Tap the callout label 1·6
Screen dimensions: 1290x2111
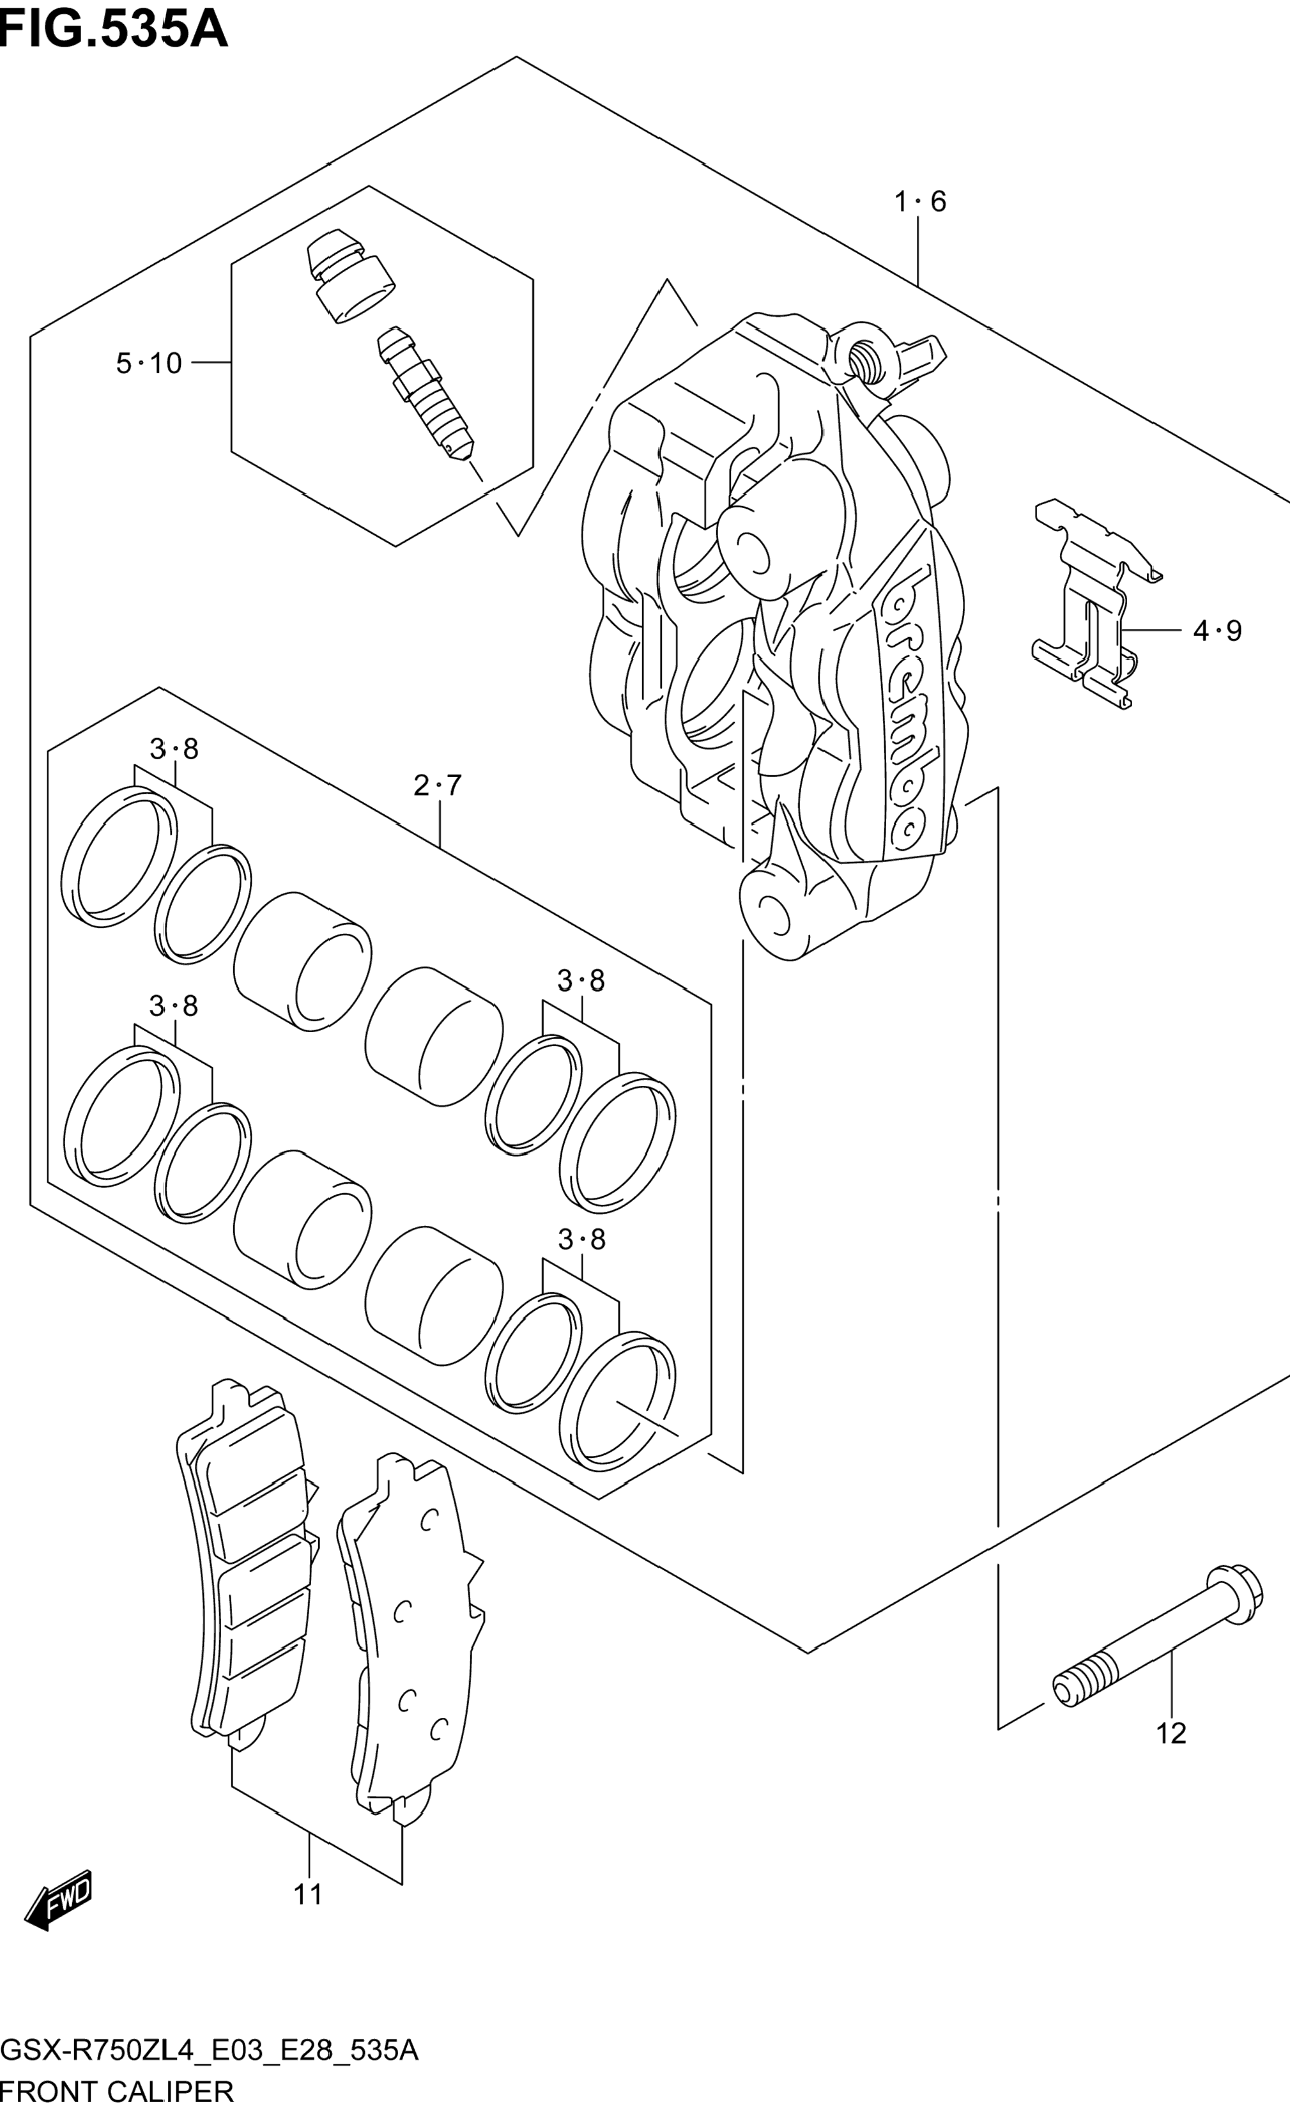tap(920, 201)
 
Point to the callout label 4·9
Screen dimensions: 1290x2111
tap(1217, 631)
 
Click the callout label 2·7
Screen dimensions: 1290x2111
tap(438, 785)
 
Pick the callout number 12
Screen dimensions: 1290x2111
tap(1171, 1733)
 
